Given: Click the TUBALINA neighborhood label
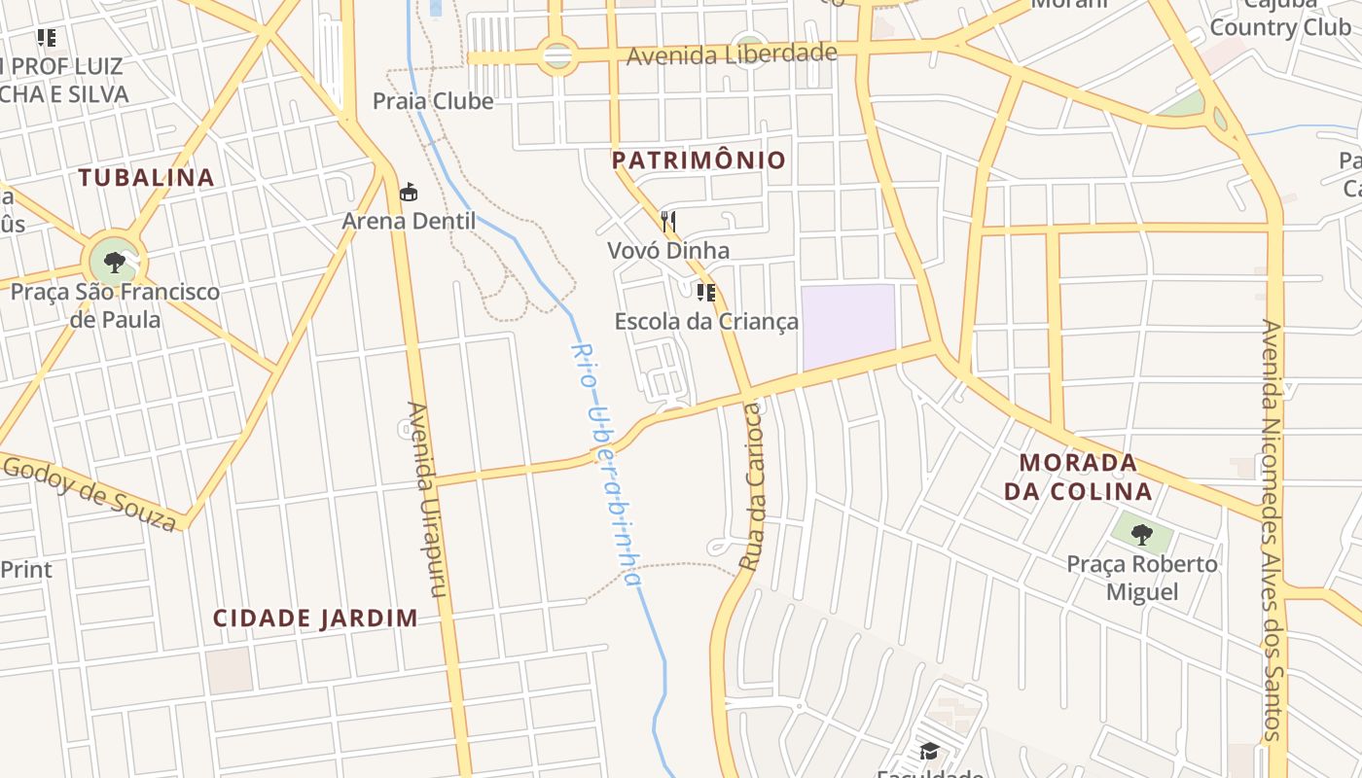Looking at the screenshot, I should pyautogui.click(x=146, y=177).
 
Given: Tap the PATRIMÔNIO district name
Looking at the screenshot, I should pyautogui.click(x=699, y=160).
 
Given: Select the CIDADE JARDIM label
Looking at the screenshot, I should pyautogui.click(x=315, y=619).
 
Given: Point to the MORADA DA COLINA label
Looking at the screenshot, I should pyautogui.click(x=1078, y=477).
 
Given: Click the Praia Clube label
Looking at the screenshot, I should pyautogui.click(x=433, y=101).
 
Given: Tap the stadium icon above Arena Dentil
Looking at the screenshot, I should pyautogui.click(x=409, y=193).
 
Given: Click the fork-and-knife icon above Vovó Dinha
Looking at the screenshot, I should pyautogui.click(x=668, y=222).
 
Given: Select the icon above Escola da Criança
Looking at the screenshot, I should pyautogui.click(x=706, y=292).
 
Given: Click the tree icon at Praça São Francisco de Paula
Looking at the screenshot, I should pyautogui.click(x=115, y=262).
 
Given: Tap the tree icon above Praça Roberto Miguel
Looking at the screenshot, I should pyautogui.click(x=1142, y=533).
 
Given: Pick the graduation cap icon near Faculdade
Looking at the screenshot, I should pyautogui.click(x=929, y=751).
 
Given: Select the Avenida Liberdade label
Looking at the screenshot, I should pyautogui.click(x=732, y=53).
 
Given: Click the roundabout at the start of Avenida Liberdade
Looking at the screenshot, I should pyautogui.click(x=557, y=56).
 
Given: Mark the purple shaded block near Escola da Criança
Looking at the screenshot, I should pyautogui.click(x=848, y=327).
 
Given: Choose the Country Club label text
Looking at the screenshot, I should pyautogui.click(x=1280, y=27).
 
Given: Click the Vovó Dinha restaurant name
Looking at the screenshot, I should pyautogui.click(x=668, y=251).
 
